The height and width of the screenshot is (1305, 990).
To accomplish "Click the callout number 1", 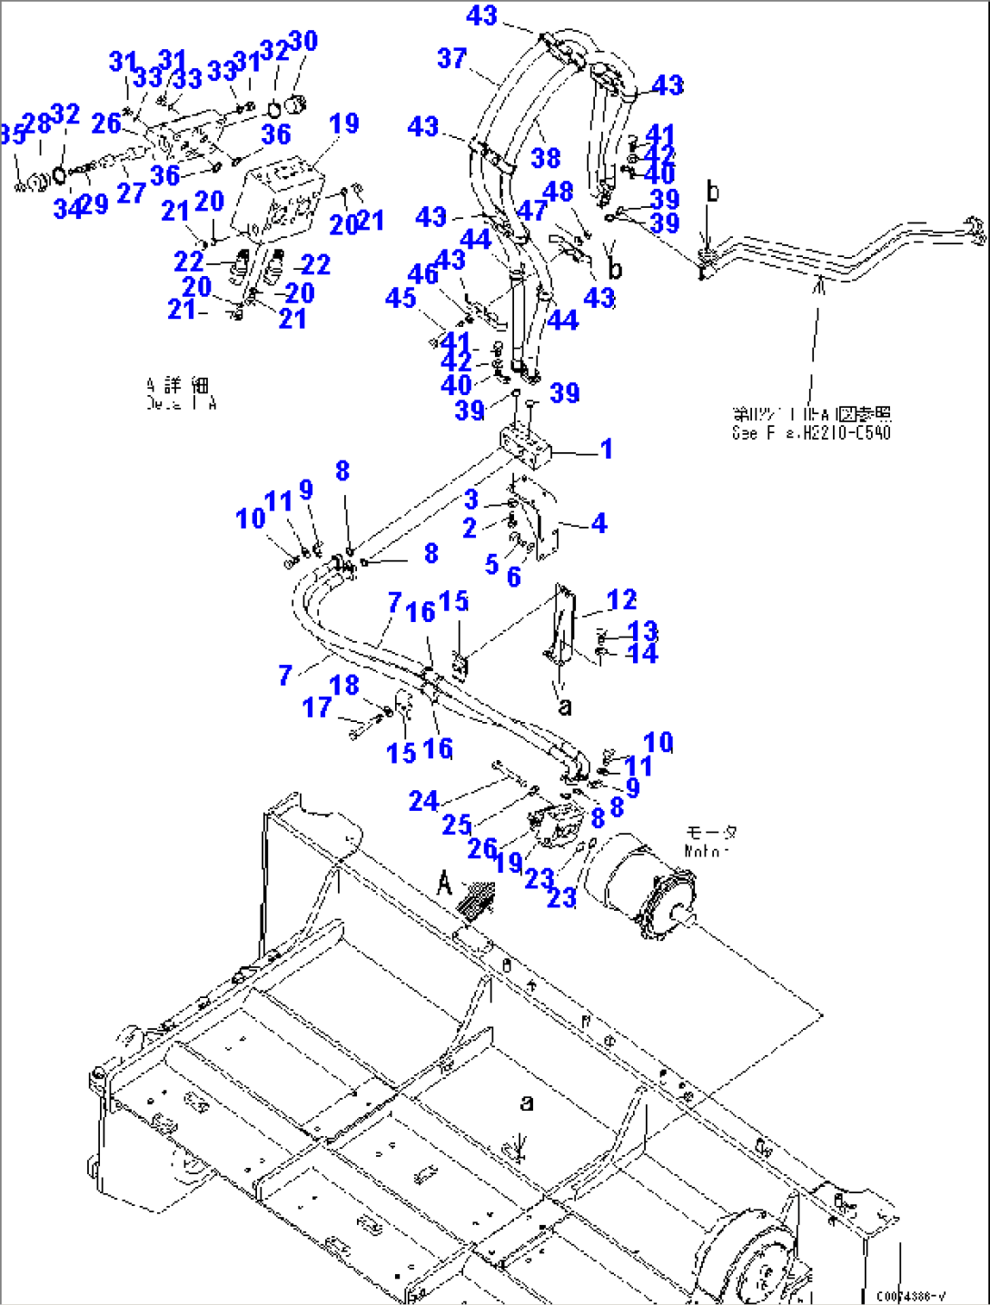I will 606,449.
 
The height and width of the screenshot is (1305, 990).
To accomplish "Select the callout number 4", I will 599,523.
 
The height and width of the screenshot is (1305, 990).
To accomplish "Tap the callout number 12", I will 621,600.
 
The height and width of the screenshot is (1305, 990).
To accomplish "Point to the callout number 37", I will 451,59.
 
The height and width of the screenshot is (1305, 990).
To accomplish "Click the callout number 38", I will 545,158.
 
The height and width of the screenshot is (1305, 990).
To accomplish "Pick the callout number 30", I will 302,41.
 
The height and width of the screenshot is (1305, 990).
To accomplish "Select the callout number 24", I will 423,801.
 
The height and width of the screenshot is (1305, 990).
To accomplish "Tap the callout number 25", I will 457,825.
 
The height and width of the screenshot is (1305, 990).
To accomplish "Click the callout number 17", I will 316,707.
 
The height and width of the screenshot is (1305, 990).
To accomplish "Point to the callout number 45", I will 401,299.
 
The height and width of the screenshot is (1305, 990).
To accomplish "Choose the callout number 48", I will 558,192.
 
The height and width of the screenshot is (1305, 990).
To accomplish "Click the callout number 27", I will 131,193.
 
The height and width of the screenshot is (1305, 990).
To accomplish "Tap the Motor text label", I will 708,842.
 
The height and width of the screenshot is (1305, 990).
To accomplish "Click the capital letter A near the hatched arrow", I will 444,882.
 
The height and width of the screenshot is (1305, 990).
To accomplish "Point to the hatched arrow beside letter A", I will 478,899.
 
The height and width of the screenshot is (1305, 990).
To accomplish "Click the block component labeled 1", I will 526,448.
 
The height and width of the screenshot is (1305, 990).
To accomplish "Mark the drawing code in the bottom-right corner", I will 910,1297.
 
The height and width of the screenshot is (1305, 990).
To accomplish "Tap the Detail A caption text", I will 181,395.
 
